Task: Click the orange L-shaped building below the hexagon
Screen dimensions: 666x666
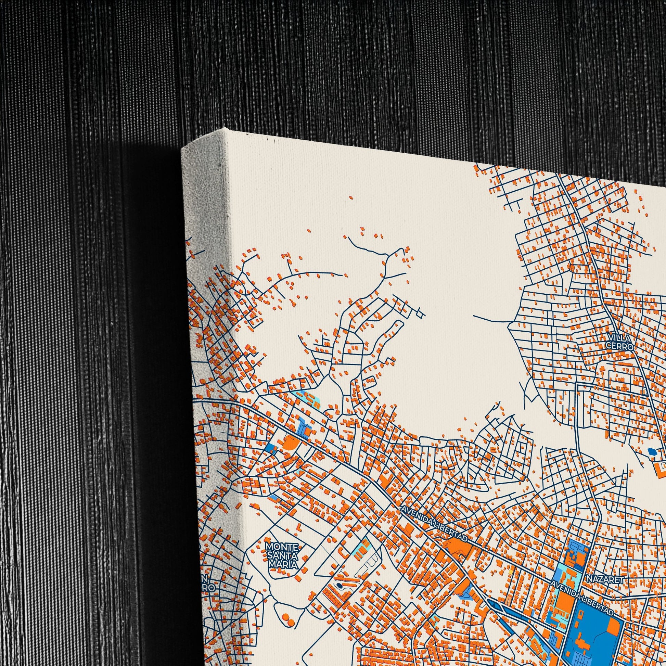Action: click(660, 468)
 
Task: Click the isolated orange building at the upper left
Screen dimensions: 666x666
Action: click(350, 198)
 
